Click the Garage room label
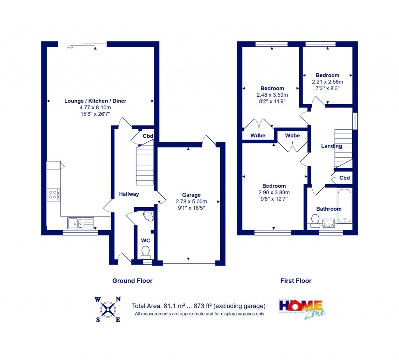(191, 195)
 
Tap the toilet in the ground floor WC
(146, 252)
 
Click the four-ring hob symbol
(53, 194)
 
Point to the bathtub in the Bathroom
(344, 206)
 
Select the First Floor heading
(296, 280)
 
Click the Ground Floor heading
(132, 280)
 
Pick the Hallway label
(129, 194)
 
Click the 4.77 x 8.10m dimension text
(95, 108)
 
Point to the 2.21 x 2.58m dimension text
(327, 82)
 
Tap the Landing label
(331, 146)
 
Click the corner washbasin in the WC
(148, 216)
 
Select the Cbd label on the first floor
(344, 178)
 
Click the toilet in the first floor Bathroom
(315, 221)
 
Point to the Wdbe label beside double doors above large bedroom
(292, 136)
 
